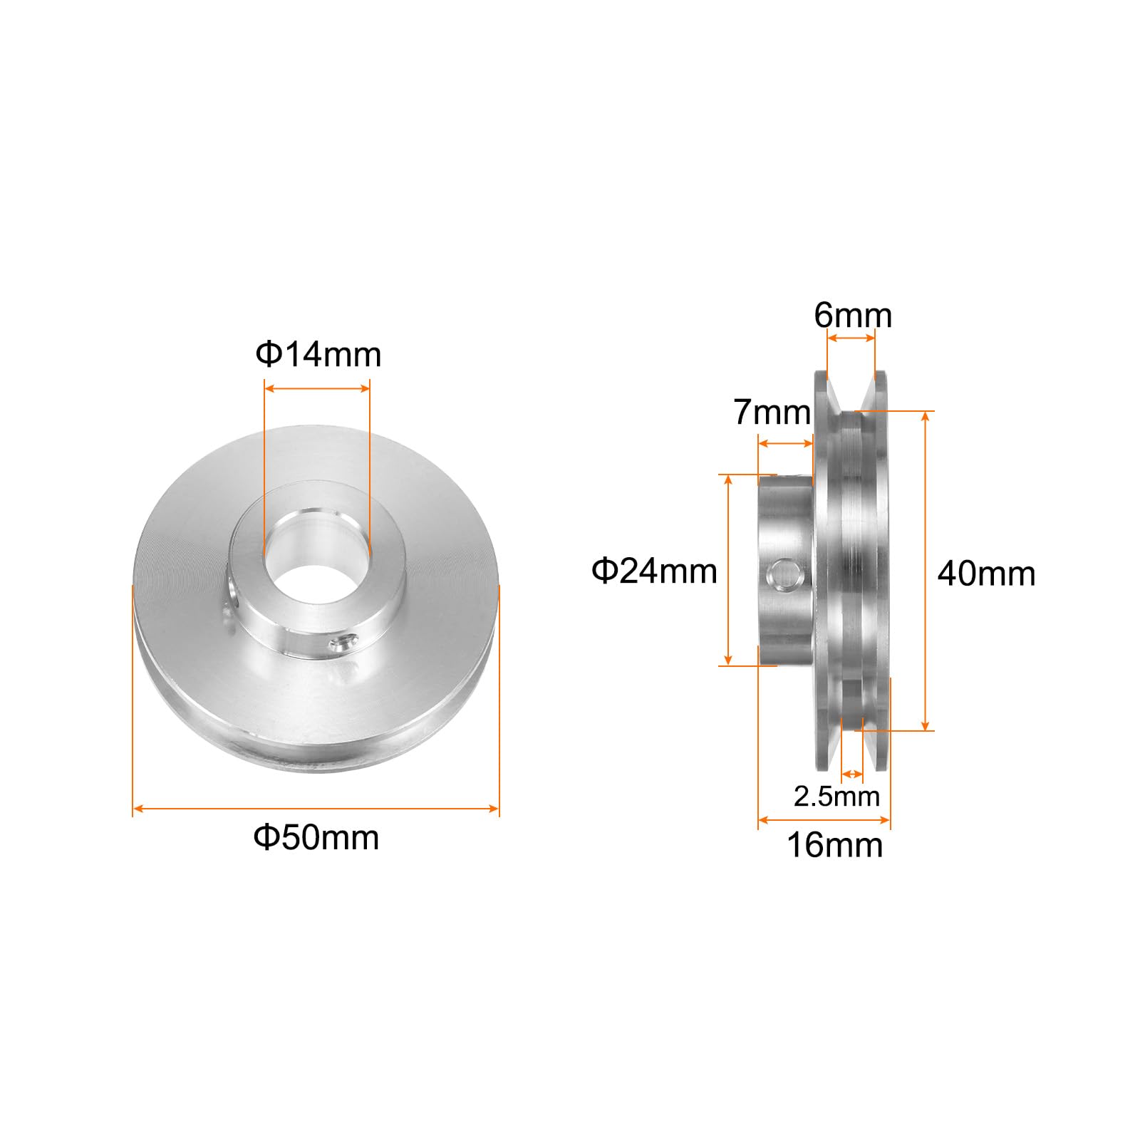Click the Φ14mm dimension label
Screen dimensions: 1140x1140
click(x=318, y=354)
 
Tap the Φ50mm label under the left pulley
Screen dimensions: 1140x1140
click(x=316, y=837)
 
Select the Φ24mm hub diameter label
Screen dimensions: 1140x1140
click(x=654, y=571)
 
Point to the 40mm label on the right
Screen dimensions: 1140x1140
click(x=986, y=574)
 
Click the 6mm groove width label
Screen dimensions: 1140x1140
click(x=853, y=315)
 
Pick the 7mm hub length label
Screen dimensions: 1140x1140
click(x=772, y=413)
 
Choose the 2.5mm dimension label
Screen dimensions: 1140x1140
click(x=836, y=796)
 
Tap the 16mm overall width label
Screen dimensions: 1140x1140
click(x=834, y=846)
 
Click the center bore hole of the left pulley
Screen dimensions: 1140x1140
click(x=317, y=555)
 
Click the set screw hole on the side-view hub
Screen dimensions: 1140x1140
click(x=783, y=575)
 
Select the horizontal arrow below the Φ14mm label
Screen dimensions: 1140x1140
click(x=317, y=388)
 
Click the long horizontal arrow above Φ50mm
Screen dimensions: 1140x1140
click(x=316, y=808)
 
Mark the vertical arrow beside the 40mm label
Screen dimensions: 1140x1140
click(x=926, y=571)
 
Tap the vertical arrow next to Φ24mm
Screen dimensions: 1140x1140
click(x=727, y=570)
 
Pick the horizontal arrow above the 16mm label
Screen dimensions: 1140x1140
click(x=824, y=820)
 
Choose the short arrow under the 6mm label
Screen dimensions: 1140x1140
click(x=850, y=338)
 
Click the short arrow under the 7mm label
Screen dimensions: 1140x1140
click(x=785, y=443)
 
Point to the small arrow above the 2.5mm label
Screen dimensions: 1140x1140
click(x=852, y=773)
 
